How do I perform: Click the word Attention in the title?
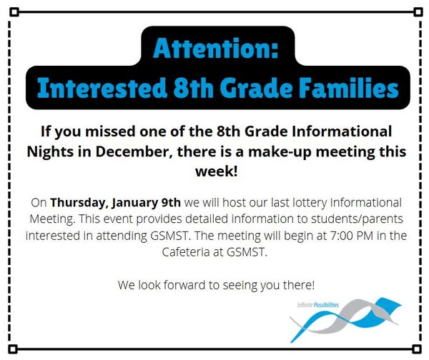(212, 48)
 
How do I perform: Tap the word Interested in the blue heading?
(102, 88)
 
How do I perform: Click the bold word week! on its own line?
(217, 171)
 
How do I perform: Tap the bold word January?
(134, 203)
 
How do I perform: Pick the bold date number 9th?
(171, 203)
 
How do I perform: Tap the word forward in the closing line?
(184, 285)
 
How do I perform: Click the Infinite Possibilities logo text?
(318, 305)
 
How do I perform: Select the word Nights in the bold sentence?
(50, 152)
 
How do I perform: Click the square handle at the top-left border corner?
(14, 12)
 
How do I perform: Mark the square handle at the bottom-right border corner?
(417, 349)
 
